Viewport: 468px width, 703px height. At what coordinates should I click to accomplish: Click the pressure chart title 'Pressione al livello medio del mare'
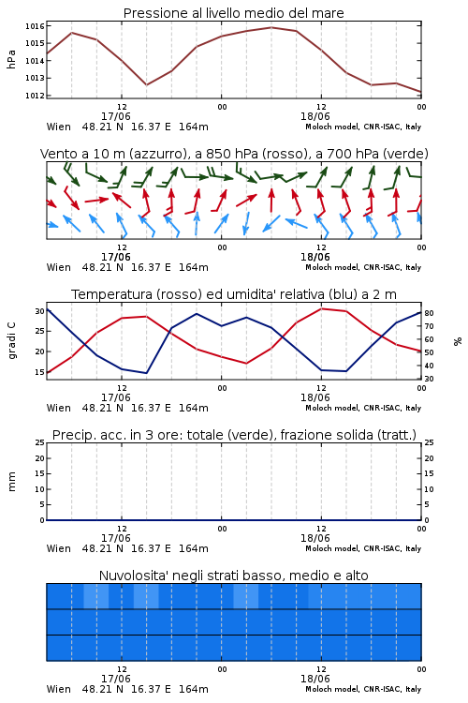pos(233,13)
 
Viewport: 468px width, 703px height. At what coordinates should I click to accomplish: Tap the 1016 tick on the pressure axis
pos(35,26)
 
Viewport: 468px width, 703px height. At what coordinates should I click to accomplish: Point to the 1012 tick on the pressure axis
pos(35,95)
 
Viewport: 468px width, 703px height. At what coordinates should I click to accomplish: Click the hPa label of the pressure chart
pos(11,60)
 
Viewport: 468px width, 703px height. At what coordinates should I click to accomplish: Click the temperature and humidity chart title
pos(234,294)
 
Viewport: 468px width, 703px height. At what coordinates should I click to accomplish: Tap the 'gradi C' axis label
pos(11,341)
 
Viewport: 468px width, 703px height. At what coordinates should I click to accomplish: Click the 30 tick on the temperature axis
pos(40,311)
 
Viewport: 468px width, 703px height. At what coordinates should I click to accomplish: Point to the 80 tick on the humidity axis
pos(429,313)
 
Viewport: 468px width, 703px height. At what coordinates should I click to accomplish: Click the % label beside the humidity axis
pos(458,341)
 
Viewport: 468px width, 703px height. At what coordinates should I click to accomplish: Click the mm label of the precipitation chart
pos(11,482)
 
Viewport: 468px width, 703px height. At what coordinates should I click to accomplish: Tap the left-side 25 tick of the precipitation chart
pos(40,442)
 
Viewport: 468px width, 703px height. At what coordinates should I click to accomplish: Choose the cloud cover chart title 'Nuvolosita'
pos(233,576)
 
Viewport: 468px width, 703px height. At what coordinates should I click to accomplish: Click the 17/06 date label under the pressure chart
pos(115,116)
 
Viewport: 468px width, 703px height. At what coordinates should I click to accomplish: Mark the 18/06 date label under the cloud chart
pos(314,679)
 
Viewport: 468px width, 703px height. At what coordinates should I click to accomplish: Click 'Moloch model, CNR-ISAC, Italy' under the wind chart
pos(363,267)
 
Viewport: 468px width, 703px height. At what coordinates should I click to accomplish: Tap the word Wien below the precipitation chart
pos(59,548)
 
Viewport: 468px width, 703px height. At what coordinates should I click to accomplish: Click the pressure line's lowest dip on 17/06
pos(146,84)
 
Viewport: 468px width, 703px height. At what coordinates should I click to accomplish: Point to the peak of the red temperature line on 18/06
pos(321,308)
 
